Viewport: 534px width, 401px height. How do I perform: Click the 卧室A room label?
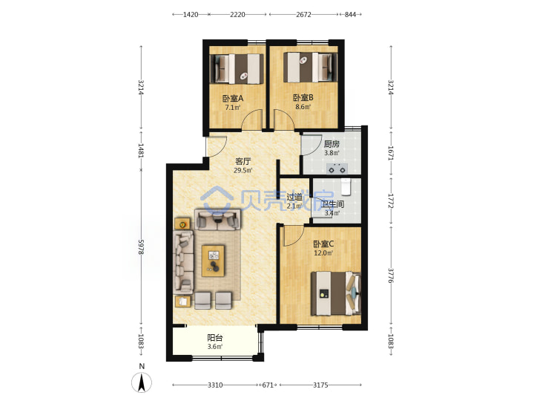[233, 99]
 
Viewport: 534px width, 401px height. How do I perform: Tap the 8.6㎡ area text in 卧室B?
[303, 107]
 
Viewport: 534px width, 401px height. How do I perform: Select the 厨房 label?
[332, 144]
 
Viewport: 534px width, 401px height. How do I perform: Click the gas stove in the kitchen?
[337, 169]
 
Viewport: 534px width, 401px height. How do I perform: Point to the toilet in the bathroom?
[346, 187]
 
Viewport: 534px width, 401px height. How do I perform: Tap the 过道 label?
[294, 197]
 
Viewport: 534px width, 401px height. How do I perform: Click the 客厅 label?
[243, 161]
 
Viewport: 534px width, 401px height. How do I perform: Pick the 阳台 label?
[215, 338]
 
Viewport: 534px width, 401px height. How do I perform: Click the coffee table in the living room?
[213, 261]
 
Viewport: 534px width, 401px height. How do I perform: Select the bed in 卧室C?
[336, 293]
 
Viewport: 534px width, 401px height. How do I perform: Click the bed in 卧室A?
[237, 68]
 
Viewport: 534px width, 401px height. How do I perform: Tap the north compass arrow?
[142, 382]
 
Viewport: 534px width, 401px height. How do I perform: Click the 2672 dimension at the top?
[303, 14]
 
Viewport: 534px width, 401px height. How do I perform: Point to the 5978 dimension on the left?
[142, 247]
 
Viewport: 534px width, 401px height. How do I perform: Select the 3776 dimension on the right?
[391, 276]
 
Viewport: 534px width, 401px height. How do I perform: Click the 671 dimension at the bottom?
[268, 385]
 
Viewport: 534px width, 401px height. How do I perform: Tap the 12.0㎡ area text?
[323, 253]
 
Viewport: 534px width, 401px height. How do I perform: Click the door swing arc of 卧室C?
[295, 238]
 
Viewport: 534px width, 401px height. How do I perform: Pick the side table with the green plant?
[183, 224]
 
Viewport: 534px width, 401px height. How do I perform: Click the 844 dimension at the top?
[350, 14]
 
